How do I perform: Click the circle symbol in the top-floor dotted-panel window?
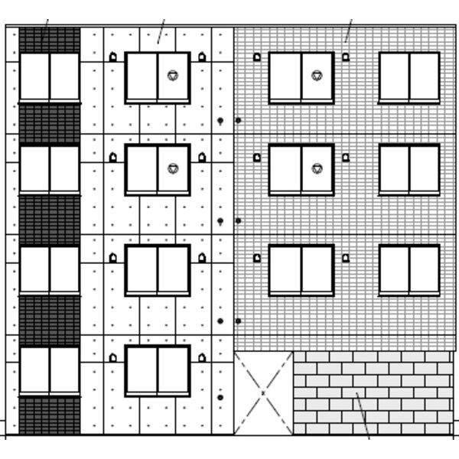point(173,76)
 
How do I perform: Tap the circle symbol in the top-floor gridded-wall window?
point(317,76)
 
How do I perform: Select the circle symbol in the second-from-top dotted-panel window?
point(173,168)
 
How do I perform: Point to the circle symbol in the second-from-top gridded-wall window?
point(317,168)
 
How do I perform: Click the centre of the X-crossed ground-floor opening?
point(263,393)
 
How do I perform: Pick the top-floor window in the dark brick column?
point(50,76)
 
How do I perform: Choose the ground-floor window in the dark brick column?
point(50,371)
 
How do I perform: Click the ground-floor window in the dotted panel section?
point(158,370)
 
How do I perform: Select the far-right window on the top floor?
point(409,76)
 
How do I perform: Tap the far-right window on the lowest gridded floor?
point(409,269)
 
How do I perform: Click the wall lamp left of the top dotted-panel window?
point(113,57)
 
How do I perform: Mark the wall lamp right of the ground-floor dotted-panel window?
point(202,357)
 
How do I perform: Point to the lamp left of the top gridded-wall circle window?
point(257,57)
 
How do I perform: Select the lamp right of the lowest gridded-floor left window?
point(346,258)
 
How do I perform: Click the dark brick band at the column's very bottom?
point(50,415)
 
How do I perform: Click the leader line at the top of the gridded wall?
point(348,31)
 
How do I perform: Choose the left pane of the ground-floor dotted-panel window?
point(142,370)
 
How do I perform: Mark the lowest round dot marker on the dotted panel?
point(220,397)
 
